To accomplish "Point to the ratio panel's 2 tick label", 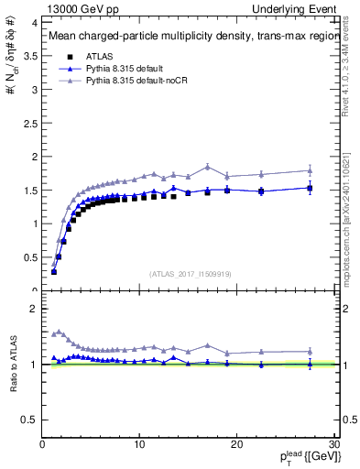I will click(x=34, y=309).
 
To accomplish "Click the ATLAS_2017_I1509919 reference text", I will click(x=189, y=274).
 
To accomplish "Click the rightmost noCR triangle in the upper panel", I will click(x=310, y=170).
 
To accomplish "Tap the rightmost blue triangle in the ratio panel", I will click(x=310, y=364).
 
